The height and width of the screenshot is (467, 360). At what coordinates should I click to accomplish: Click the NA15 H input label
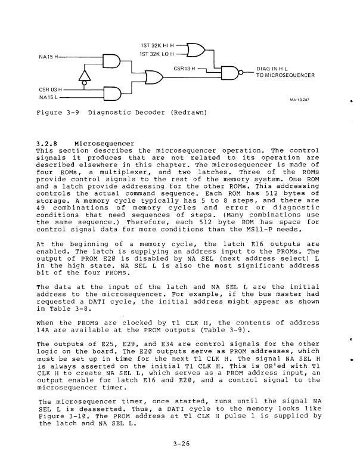pyautogui.click(x=42, y=57)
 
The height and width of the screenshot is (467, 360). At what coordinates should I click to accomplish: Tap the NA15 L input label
pyautogui.click(x=42, y=97)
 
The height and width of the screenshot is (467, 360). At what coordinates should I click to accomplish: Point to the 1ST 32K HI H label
pyautogui.click(x=155, y=45)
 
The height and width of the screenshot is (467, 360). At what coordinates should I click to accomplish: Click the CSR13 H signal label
pyautogui.click(x=184, y=68)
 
